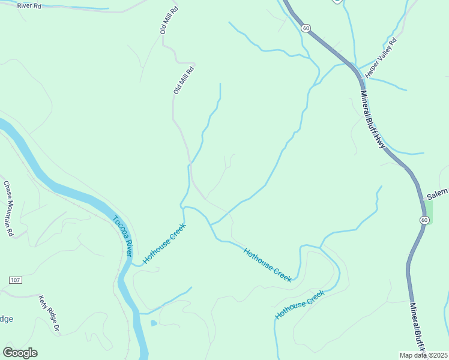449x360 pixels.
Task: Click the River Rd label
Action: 29,5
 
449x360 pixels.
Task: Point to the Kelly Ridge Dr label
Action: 50,313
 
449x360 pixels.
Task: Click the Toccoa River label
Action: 122,236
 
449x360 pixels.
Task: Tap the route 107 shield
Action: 16,280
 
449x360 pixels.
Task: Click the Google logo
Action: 20,353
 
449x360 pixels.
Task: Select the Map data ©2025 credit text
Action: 423,355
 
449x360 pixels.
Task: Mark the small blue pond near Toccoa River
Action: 154,323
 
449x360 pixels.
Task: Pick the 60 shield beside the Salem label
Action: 424,220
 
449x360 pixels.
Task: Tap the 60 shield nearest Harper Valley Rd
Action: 306,28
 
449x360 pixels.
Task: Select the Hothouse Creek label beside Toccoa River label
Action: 164,244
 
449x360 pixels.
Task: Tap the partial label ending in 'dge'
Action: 6,319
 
